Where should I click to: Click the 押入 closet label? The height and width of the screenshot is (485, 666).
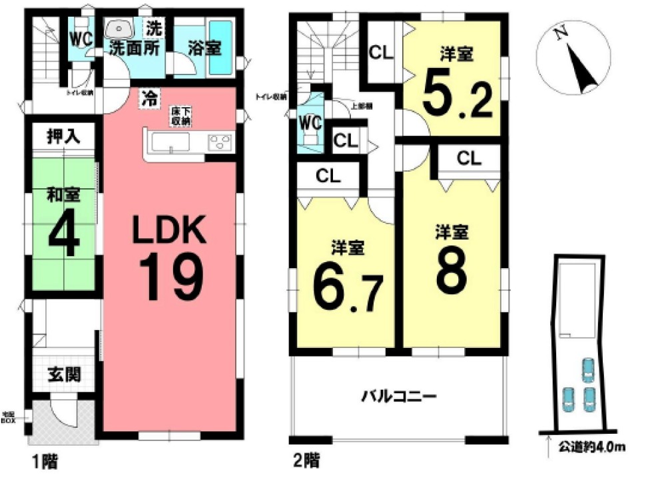[x=63, y=137]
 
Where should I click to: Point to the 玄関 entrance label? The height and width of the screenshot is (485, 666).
[x=64, y=375]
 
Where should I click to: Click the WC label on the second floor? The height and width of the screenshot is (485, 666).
[x=310, y=124]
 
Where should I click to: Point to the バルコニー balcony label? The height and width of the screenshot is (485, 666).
[x=398, y=397]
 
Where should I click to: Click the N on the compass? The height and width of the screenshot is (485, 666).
[x=561, y=34]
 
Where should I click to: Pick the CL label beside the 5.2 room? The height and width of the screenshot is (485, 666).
[x=382, y=53]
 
